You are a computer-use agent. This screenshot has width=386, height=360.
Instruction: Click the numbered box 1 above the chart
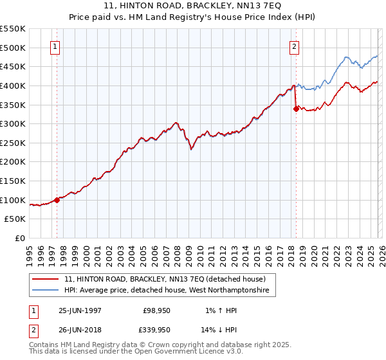pos(55,46)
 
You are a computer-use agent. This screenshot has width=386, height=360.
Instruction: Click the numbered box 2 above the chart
pos(294,46)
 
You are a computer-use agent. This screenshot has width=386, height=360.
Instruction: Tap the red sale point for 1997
pos(57,200)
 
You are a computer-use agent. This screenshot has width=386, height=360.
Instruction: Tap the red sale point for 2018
pos(296,109)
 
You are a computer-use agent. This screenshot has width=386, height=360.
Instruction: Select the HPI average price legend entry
pos(169,291)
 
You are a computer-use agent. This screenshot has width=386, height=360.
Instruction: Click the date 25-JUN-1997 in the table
pos(80,310)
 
